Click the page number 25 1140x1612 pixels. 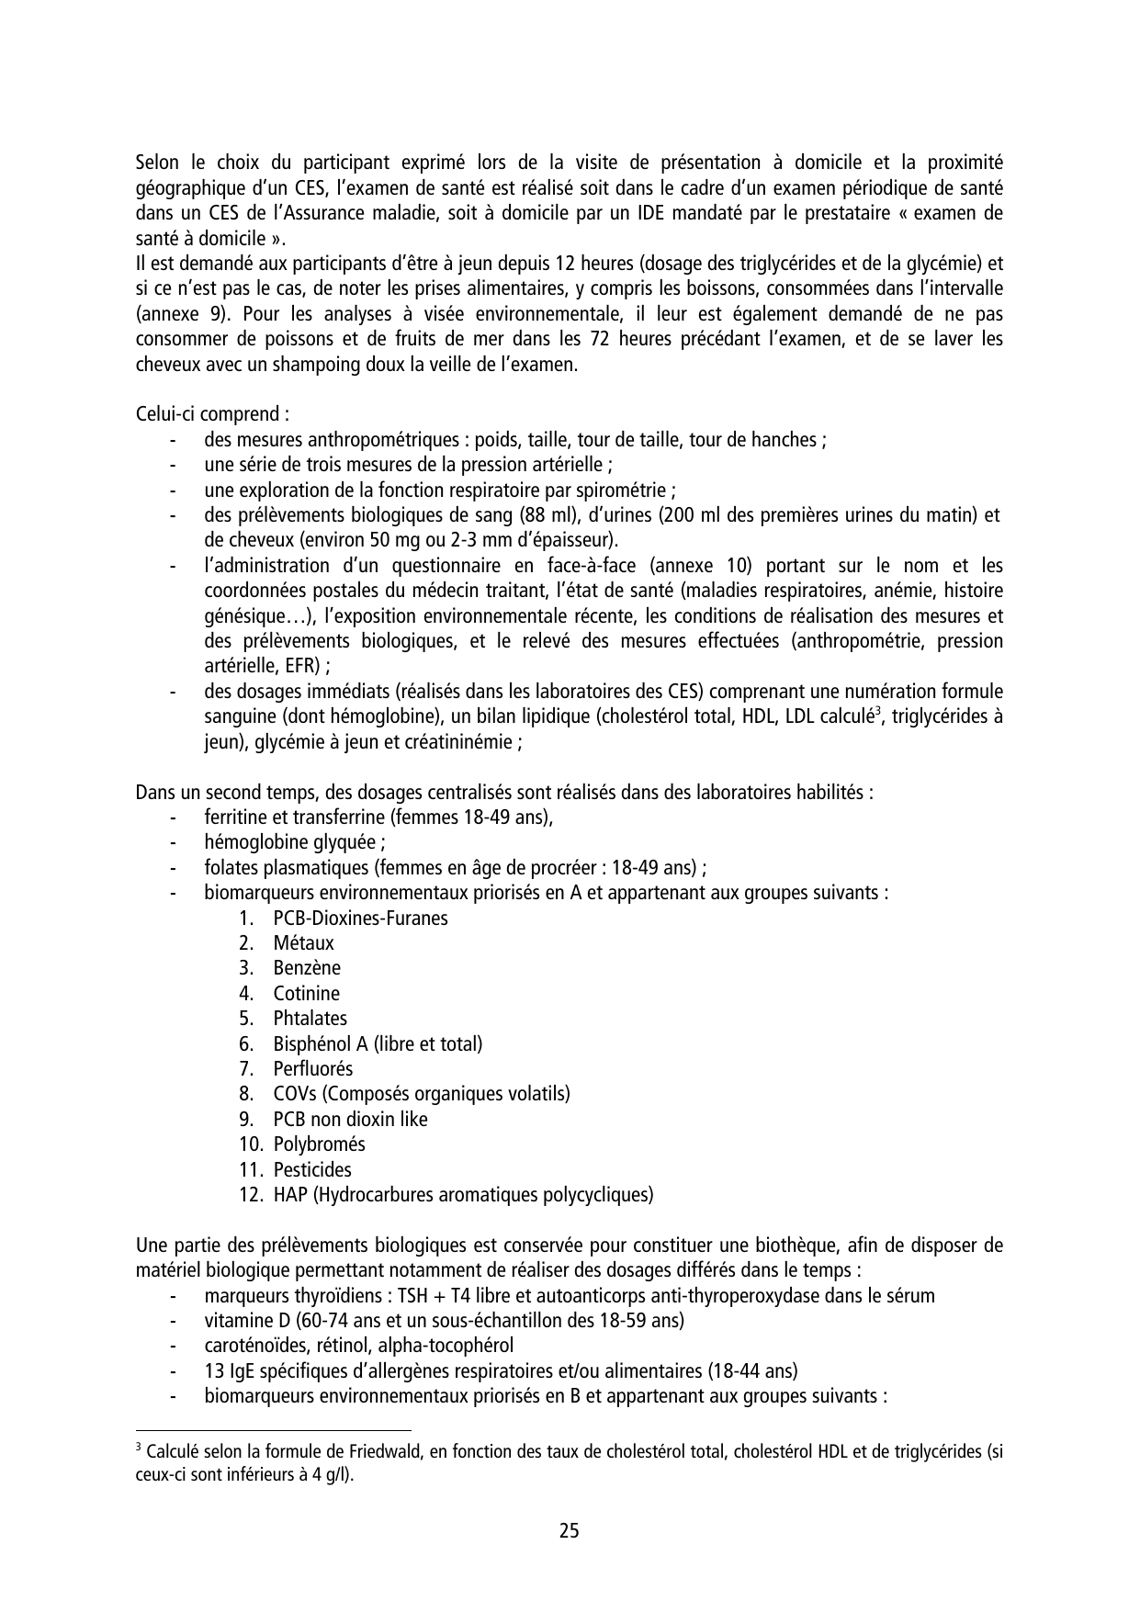(569, 1531)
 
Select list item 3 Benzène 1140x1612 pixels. (306, 968)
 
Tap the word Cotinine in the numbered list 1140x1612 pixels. (306, 994)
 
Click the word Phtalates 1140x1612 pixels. (310, 1019)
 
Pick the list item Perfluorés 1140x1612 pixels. (312, 1069)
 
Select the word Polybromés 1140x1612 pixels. (319, 1144)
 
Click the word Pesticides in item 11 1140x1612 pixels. (312, 1170)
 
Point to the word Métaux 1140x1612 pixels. (303, 943)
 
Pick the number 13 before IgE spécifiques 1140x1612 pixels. (213, 1371)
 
